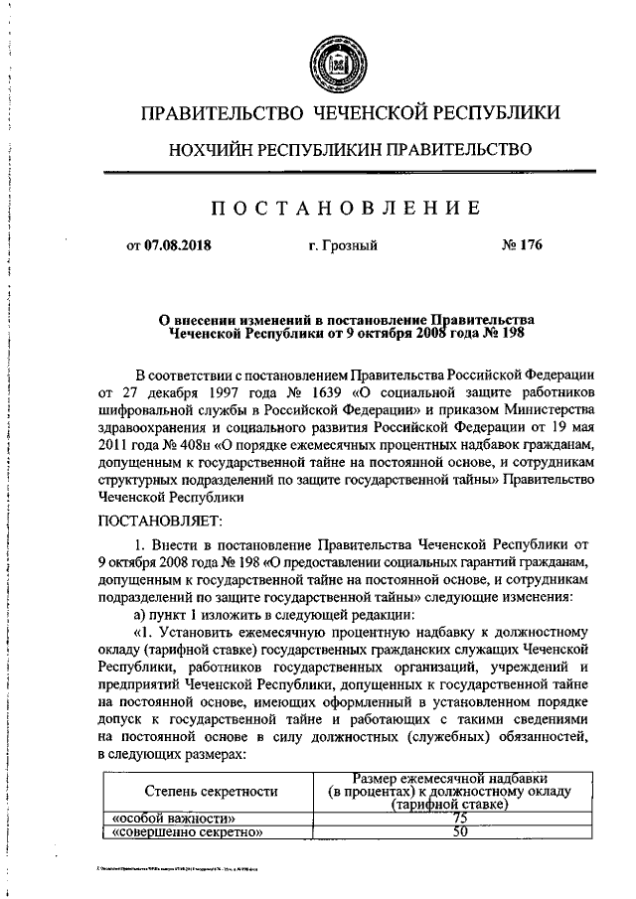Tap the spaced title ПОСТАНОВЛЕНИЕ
click(x=336, y=207)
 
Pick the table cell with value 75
click(x=459, y=817)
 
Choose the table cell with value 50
click(x=459, y=831)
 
